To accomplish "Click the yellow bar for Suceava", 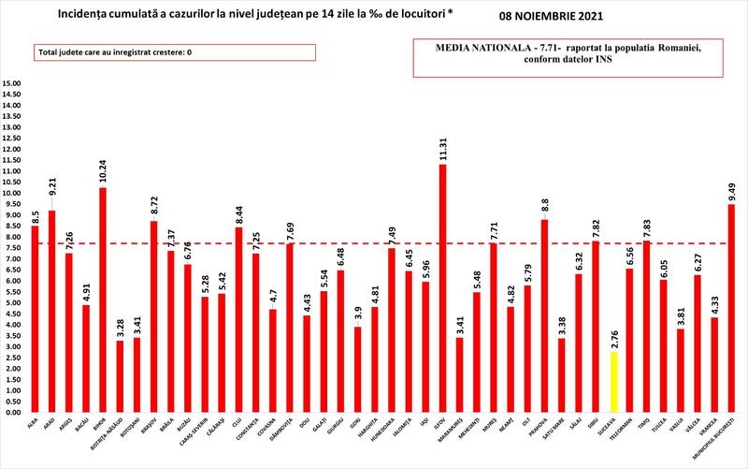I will [612, 382].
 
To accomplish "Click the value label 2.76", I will [612, 338].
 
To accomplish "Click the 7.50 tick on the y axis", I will [12, 248].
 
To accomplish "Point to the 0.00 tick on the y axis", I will [12, 412].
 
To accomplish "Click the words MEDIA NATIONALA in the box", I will [467, 46].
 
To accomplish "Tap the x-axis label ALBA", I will [32, 426].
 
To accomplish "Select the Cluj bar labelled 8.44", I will [238, 319].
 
